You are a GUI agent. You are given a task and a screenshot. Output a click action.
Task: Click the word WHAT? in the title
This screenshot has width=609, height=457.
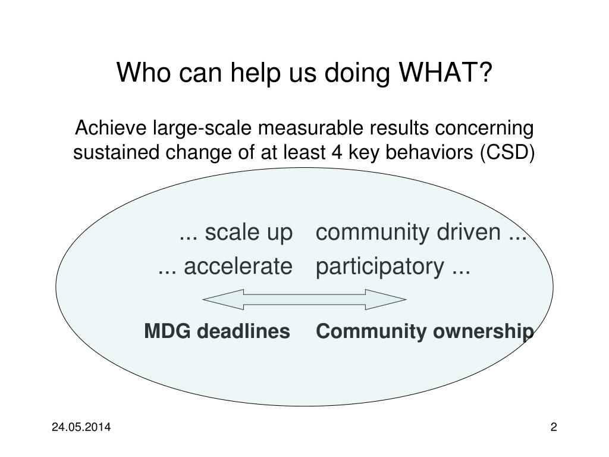coord(445,72)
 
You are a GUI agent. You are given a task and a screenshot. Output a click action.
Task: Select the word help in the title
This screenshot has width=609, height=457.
coord(255,73)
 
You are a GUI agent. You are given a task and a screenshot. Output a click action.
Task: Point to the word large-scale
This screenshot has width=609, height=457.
coord(202,129)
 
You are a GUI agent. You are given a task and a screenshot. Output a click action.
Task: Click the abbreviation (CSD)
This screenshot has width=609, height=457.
coord(507,152)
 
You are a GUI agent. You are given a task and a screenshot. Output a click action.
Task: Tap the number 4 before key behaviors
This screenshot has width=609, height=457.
coord(337,152)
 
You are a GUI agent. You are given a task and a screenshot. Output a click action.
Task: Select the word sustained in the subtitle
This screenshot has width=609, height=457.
coord(116,152)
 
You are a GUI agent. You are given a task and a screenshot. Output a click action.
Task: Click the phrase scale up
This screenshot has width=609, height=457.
coord(249,233)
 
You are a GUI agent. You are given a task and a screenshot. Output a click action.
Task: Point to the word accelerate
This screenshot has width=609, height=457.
coord(238,267)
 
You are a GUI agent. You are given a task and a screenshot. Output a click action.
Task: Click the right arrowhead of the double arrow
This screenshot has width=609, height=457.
coord(385,300)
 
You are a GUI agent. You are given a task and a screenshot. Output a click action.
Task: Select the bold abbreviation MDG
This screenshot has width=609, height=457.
coord(167,331)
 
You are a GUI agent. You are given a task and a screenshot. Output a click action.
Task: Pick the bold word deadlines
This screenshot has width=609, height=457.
coord(243,331)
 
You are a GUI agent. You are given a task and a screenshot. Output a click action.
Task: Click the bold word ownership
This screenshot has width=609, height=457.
coord(483,333)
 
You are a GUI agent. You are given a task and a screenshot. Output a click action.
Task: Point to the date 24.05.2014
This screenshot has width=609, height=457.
coord(81,427)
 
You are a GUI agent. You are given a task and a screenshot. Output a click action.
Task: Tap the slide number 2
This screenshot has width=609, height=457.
coord(554,427)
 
